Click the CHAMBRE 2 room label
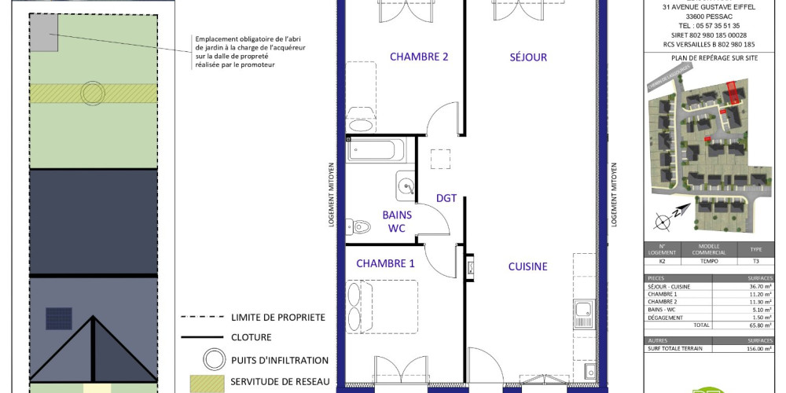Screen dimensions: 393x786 [419, 57]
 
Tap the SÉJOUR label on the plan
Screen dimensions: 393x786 [527, 57]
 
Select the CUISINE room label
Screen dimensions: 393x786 [527, 266]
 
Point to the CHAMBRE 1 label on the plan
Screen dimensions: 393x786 [385, 263]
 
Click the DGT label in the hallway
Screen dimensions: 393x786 [446, 198]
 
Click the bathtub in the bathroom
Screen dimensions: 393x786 [376, 149]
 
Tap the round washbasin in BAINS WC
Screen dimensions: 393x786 [405, 186]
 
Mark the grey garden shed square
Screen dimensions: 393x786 [44, 32]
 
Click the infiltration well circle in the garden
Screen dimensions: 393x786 [93, 92]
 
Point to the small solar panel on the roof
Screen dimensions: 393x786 [57, 319]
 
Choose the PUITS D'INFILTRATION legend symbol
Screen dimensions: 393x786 [211, 360]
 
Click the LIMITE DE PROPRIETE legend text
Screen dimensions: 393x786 [278, 317]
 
